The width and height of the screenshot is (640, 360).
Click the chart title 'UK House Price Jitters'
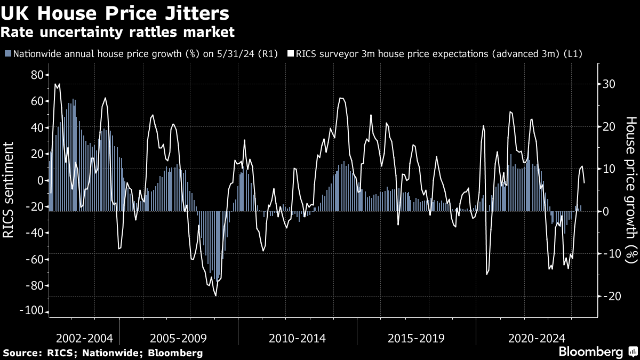pos(115,13)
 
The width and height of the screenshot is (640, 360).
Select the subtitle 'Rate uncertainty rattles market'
pos(117,33)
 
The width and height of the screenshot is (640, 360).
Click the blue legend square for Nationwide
pos(8,53)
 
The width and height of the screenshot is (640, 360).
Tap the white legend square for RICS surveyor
pos(291,53)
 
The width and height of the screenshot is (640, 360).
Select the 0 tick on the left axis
pos(39,180)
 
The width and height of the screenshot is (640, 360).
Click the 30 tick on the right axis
pos(610,84)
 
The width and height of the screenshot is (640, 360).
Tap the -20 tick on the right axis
pos(609,296)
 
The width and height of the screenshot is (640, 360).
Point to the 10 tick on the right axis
pos(610,169)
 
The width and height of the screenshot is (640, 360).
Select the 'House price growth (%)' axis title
pos(631,189)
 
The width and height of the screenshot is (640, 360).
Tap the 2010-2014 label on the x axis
pos(297,338)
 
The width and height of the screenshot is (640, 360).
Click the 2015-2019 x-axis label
pos(415,338)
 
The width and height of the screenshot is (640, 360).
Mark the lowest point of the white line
pos(215,295)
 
